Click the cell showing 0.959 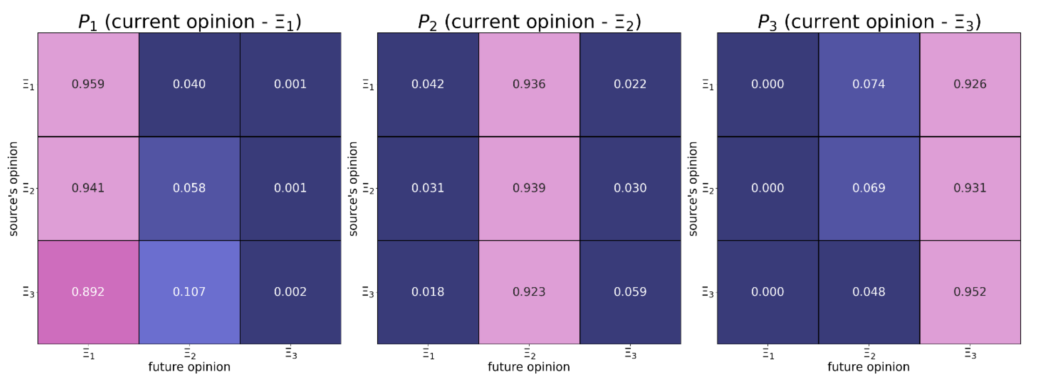(x=88, y=84)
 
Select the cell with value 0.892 (x=88, y=292)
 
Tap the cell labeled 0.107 (x=189, y=292)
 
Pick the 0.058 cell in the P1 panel (x=189, y=188)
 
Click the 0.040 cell (x=189, y=84)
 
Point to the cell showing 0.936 (x=529, y=84)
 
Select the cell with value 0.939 (x=529, y=188)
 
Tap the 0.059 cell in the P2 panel (x=630, y=292)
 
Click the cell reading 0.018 (x=427, y=292)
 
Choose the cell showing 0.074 (x=869, y=84)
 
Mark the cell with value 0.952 (x=970, y=292)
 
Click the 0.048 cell (x=869, y=292)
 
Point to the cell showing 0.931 (x=970, y=188)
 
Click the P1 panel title (x=189, y=22)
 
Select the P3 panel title (x=869, y=22)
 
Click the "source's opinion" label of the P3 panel (x=693, y=188)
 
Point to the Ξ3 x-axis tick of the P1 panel (x=291, y=353)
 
